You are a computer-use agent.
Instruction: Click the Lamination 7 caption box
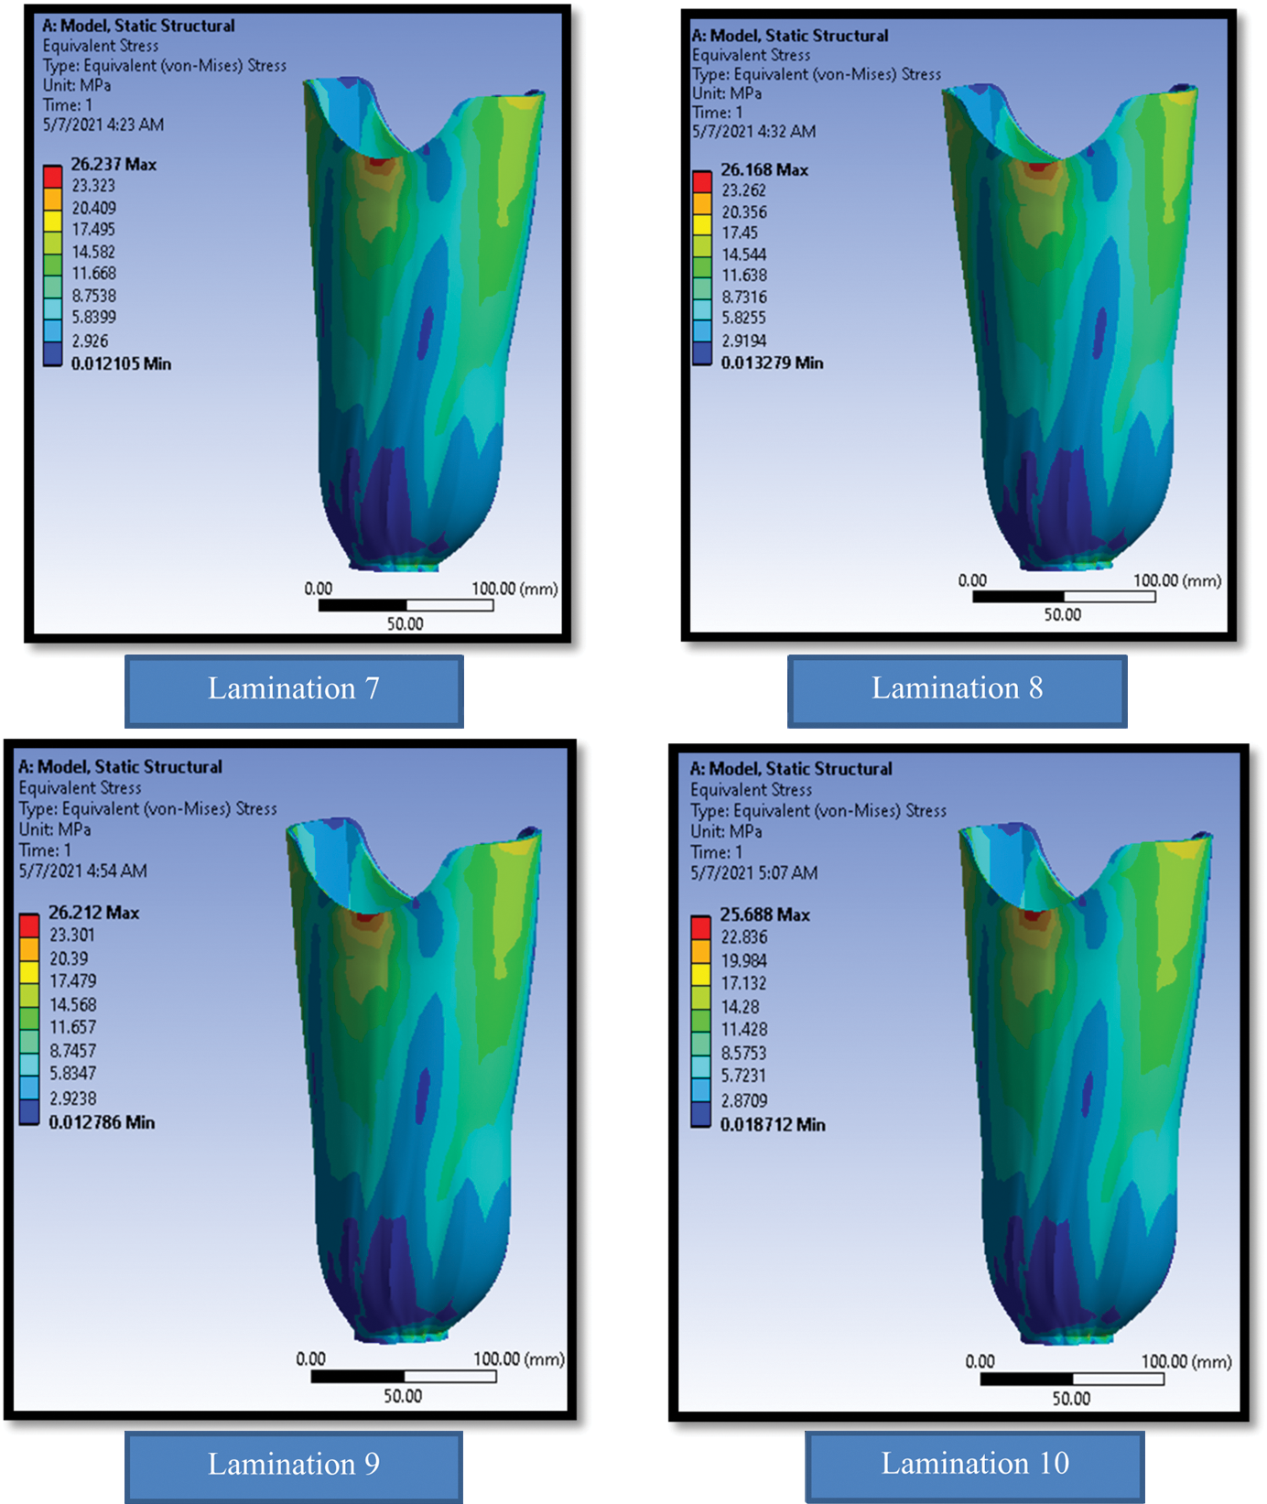294,690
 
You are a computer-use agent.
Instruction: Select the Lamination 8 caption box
957,690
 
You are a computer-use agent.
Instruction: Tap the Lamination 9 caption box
293,1465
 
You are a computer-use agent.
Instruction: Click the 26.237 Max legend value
114,165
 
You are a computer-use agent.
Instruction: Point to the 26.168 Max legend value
764,170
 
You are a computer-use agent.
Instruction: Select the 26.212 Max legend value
93,913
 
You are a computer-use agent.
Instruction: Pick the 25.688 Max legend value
764,914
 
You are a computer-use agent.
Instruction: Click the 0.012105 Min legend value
121,364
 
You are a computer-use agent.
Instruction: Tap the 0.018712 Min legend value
773,1125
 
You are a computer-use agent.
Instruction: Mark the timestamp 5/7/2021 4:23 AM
103,125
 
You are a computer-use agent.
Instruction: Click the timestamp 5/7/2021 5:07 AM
754,873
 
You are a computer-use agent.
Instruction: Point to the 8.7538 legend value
94,296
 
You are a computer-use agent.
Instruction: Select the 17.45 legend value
740,233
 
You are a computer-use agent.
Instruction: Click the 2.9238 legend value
73,1098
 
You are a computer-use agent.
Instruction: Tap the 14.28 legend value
740,1007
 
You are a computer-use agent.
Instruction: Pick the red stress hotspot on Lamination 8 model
1037,167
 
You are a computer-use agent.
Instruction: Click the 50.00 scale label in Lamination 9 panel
403,1396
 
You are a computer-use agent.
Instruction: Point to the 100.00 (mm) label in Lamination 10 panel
1186,1362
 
